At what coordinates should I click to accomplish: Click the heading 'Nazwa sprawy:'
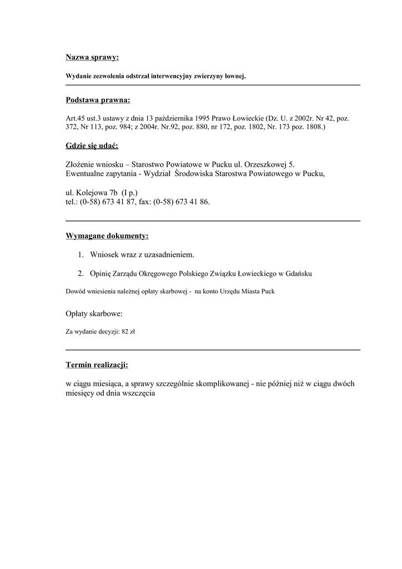point(92,57)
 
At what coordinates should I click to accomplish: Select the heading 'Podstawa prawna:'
point(98,100)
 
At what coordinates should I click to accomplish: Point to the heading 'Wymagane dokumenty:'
point(107,236)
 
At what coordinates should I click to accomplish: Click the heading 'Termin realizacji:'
point(97,365)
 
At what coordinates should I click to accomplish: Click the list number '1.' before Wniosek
point(81,254)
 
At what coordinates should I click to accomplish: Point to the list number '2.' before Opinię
point(81,273)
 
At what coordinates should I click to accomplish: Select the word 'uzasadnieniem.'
point(170,254)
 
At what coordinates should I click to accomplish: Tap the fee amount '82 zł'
point(128,331)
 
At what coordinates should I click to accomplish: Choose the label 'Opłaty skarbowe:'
point(94,314)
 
